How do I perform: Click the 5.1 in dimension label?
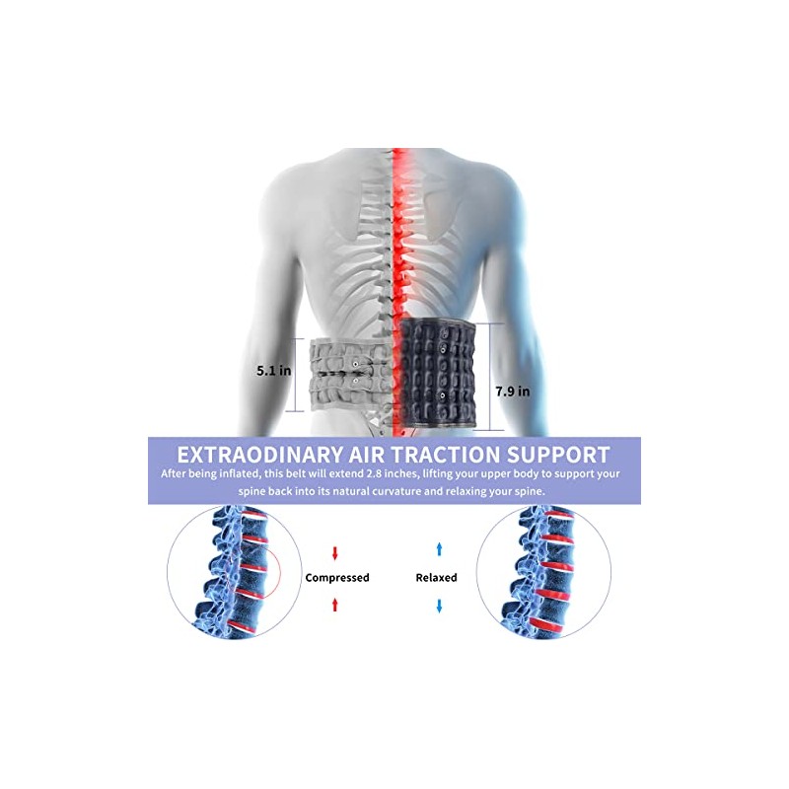pyautogui.click(x=274, y=371)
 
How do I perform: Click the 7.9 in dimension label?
pyautogui.click(x=512, y=391)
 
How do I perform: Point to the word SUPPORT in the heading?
pyautogui.click(x=558, y=455)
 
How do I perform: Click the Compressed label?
pyautogui.click(x=337, y=578)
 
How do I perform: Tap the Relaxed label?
pyautogui.click(x=436, y=578)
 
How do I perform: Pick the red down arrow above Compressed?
pyautogui.click(x=335, y=553)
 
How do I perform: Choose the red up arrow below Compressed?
pyautogui.click(x=335, y=605)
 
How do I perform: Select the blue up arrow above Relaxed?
pyautogui.click(x=439, y=549)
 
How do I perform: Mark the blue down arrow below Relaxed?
pyautogui.click(x=439, y=606)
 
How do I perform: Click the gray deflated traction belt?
pyautogui.click(x=351, y=376)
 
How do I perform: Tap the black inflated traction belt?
pyautogui.click(x=438, y=375)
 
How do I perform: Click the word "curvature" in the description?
pyautogui.click(x=394, y=491)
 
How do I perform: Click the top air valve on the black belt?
pyautogui.click(x=443, y=348)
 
